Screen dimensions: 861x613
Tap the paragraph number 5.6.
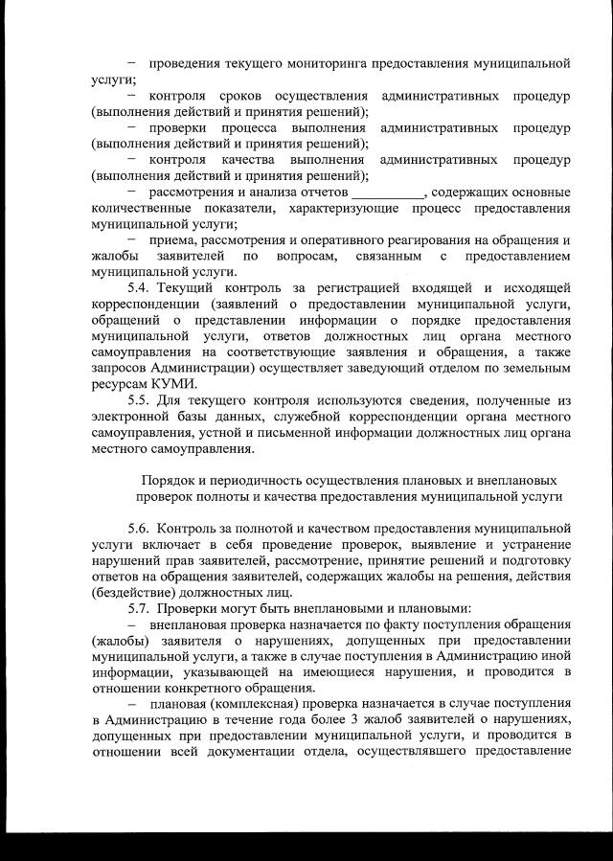click(x=141, y=527)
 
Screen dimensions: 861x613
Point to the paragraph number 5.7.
click(x=141, y=607)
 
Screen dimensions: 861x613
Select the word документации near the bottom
click(x=269, y=750)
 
